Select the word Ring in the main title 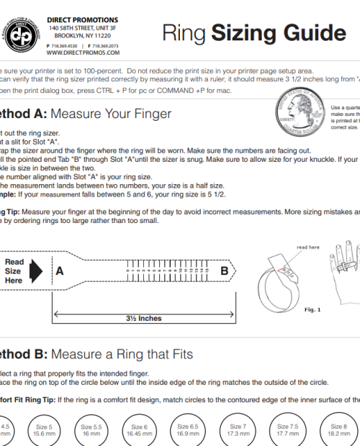coord(184,33)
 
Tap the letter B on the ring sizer coord(224,271)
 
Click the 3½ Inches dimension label coord(144,317)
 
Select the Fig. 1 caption coord(312,309)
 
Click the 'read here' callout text coord(307,247)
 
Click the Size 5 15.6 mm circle coord(44,431)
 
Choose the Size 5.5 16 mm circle coord(91,431)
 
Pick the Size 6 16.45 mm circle coord(139,431)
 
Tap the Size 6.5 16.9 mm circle coord(188,431)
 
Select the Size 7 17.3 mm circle coord(238,431)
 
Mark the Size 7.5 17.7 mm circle coord(287,431)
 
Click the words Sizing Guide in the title coord(281,33)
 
